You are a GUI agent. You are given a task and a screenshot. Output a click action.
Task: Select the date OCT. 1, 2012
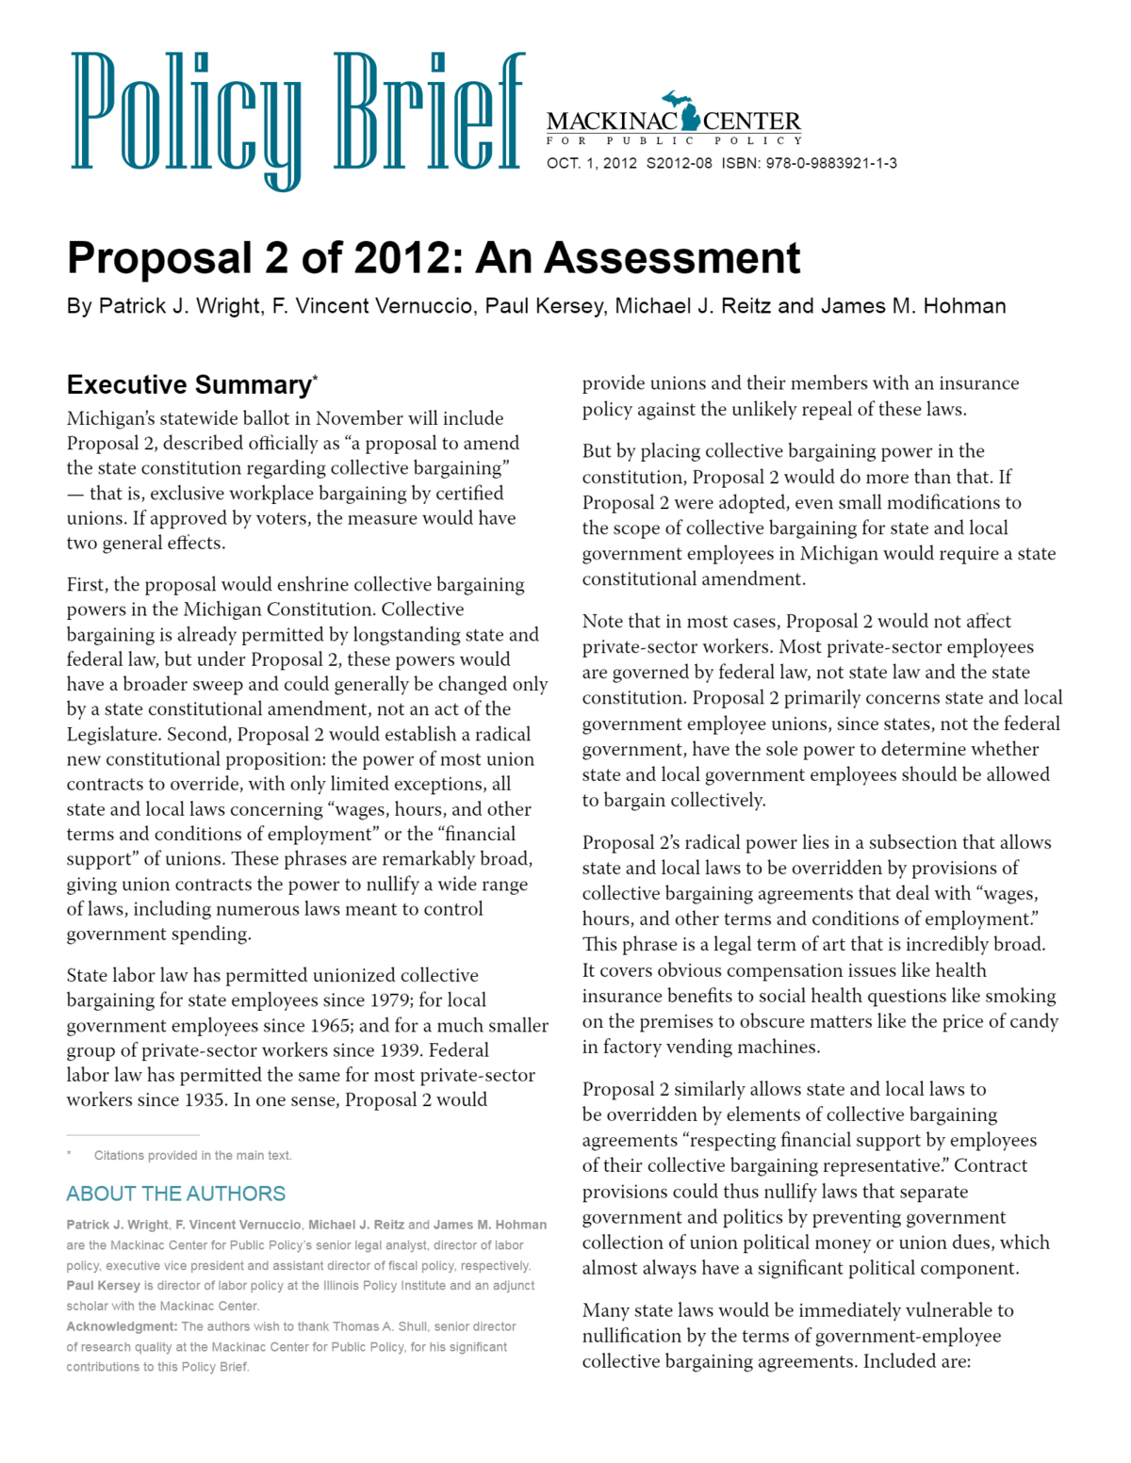(592, 163)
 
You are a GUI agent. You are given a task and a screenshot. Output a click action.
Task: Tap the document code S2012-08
(679, 163)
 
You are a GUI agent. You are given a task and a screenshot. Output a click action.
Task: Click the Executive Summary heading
(188, 385)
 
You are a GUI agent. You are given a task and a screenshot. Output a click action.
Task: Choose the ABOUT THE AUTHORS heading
(175, 1194)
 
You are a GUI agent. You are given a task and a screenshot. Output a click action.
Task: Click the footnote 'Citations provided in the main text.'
(192, 1155)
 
